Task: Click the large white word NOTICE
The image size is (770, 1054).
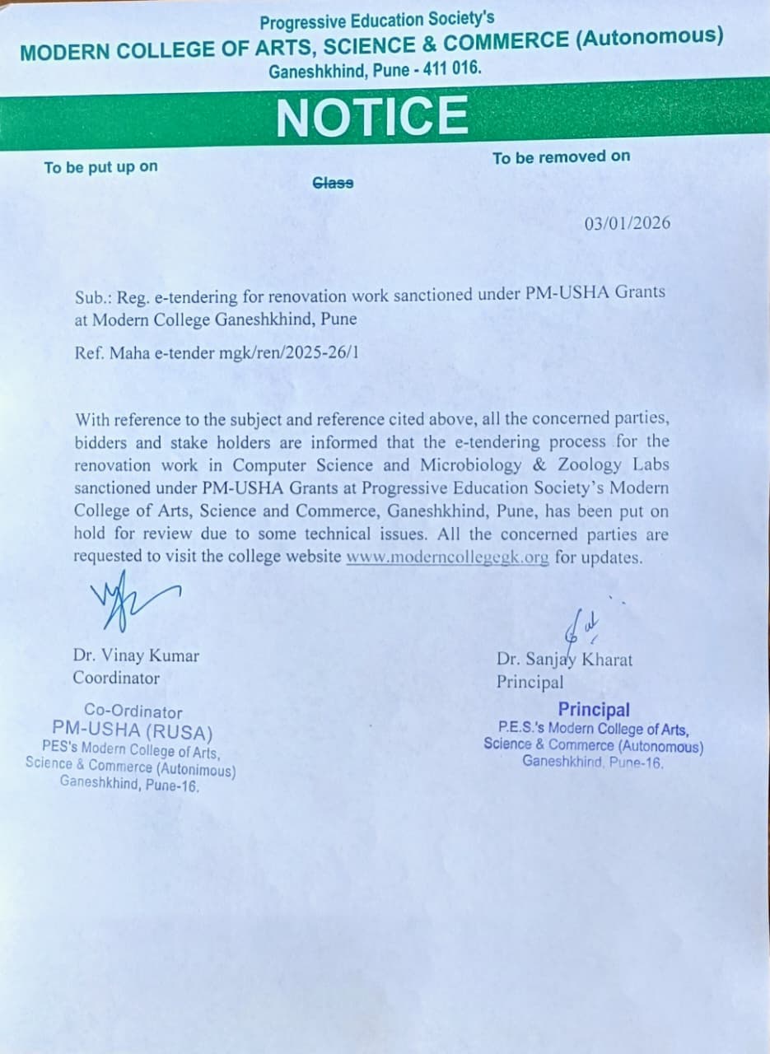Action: [x=372, y=115]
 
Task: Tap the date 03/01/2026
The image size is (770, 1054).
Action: [x=628, y=223]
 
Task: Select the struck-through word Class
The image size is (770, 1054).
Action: [x=334, y=183]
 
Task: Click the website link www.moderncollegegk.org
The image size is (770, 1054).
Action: [x=447, y=557]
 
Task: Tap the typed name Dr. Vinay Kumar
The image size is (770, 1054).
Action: [x=136, y=656]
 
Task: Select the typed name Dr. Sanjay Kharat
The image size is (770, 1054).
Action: [x=564, y=660]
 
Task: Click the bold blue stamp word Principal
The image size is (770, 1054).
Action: [x=593, y=709]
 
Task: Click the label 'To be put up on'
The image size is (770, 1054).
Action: [x=100, y=167]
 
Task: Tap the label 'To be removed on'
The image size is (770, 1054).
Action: [x=561, y=156]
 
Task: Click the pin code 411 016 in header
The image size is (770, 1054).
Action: [x=450, y=70]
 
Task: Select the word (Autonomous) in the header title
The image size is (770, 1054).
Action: [x=650, y=38]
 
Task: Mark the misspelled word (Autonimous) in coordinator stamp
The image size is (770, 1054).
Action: [x=195, y=772]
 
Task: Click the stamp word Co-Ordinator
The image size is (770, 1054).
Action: [x=133, y=711]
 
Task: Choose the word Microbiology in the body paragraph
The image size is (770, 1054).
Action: [x=472, y=464]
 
